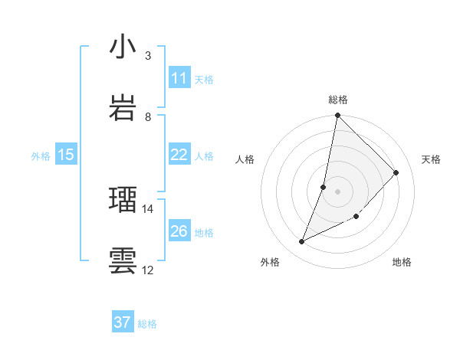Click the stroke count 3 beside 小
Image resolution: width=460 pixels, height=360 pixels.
148,56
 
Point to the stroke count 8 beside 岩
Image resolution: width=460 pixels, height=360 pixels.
148,116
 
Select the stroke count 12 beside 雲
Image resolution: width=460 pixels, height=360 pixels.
148,270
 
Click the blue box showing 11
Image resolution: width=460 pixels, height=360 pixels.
179,78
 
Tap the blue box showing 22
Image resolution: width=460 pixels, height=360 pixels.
179,155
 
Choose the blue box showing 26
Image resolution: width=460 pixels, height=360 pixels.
179,231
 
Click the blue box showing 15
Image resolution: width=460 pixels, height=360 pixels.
65,155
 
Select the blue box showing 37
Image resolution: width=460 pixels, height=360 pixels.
122,322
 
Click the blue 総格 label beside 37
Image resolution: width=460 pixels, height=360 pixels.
147,324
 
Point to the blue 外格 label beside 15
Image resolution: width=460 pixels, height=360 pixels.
41,156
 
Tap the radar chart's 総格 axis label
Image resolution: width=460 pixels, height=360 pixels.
337,100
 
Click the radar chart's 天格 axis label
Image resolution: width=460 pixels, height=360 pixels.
431,159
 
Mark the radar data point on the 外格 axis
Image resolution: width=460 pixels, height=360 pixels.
302,242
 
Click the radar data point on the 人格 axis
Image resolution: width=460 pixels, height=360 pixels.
324,187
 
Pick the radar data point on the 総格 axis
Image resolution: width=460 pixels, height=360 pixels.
337,116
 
